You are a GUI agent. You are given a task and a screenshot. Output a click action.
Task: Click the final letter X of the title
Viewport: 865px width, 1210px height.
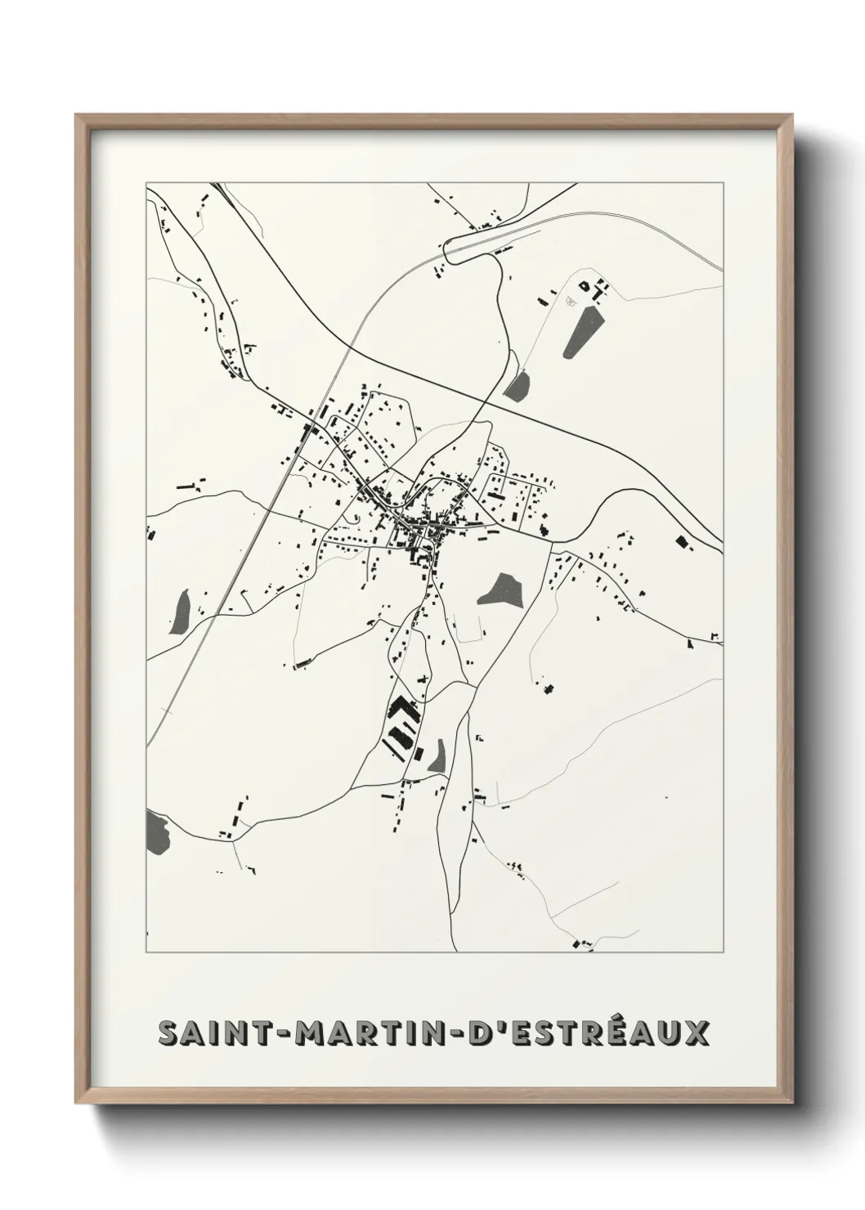pos(696,1033)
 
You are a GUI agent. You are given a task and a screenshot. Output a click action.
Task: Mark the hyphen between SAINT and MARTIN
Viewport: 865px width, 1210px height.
pos(271,1034)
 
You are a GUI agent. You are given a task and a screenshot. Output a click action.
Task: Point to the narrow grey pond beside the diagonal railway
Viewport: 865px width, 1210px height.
pos(181,611)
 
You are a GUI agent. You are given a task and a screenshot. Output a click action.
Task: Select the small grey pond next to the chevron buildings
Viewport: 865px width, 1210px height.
pos(437,755)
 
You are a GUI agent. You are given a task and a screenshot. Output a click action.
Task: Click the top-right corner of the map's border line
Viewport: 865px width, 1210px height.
pos(724,182)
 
